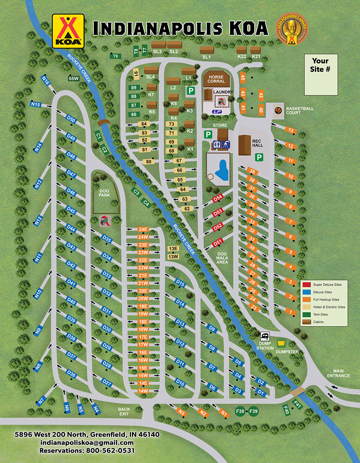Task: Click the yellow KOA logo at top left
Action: point(68,31)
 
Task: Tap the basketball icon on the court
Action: point(278,110)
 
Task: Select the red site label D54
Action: point(217,198)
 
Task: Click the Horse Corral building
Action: point(216,79)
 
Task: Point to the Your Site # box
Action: point(321,75)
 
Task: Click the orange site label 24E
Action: point(143,229)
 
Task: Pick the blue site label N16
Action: point(45,81)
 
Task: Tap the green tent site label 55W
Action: point(74,78)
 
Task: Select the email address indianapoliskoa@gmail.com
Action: point(87,442)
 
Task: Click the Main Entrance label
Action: point(338,373)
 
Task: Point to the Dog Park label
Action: point(104,193)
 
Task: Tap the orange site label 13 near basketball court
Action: point(291,130)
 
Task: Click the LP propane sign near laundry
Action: point(217,112)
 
